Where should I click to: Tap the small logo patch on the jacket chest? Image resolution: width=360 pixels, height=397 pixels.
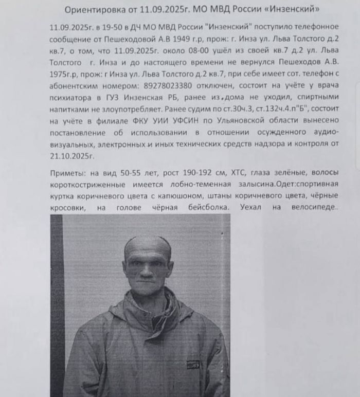[x=192, y=364]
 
